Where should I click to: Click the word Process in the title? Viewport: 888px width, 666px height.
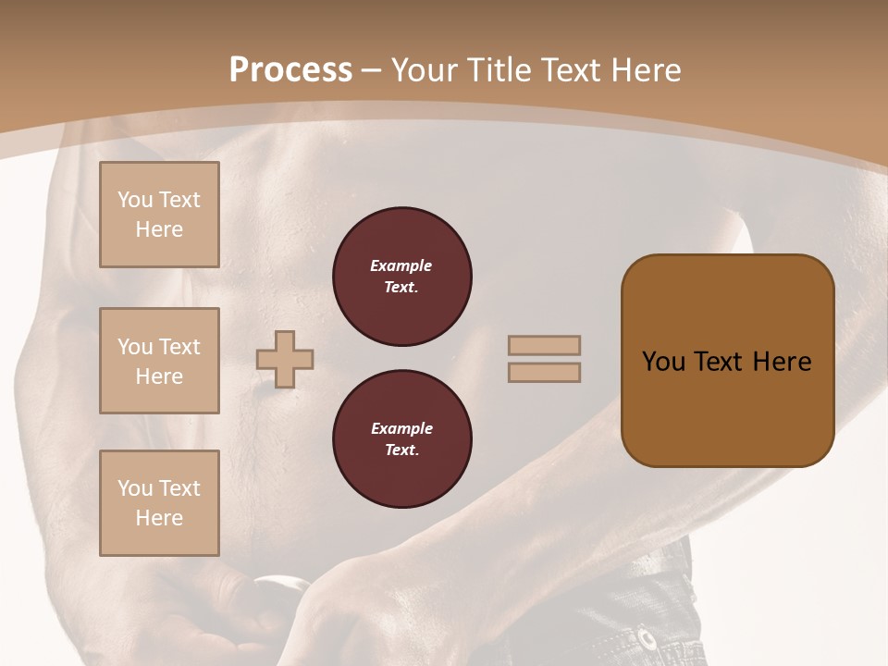(x=290, y=70)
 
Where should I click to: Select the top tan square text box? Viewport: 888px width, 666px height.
(x=159, y=215)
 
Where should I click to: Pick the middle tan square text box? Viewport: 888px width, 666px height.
(x=159, y=361)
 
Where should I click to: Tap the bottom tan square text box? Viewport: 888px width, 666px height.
(x=159, y=503)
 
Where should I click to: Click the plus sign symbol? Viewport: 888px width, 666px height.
(x=285, y=359)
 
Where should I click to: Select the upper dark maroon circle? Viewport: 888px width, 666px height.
(x=402, y=277)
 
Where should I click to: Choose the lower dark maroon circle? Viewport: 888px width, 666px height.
(x=402, y=439)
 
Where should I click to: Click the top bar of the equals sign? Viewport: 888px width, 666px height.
(x=544, y=346)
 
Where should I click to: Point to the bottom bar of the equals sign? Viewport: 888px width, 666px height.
(x=544, y=373)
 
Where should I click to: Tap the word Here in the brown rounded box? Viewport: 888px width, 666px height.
(x=782, y=362)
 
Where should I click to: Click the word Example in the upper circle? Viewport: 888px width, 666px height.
(x=401, y=265)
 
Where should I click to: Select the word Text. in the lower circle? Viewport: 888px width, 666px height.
(x=401, y=450)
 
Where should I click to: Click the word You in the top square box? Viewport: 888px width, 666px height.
(x=135, y=200)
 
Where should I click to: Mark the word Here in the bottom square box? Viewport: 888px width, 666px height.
(x=159, y=518)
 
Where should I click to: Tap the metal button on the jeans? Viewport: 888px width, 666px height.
(x=647, y=639)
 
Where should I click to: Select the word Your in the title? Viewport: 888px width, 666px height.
(x=426, y=70)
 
